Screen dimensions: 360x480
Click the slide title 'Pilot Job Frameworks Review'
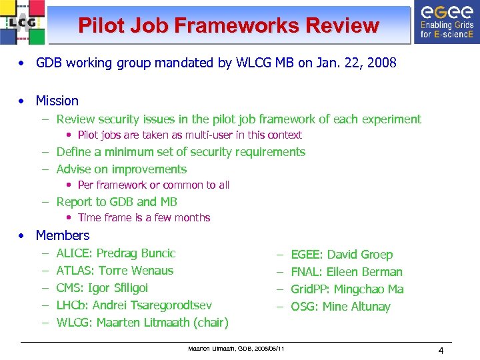228,25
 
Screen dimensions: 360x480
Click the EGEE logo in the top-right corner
446,22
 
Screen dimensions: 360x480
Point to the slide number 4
441,351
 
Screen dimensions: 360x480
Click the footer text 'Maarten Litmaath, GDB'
236,349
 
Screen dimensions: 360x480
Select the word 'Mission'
57,101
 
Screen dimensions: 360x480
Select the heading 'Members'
62,235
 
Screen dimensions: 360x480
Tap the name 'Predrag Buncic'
136,253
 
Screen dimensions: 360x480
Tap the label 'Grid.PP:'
310,289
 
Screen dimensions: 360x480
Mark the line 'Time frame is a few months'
144,218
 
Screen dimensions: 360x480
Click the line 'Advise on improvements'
121,169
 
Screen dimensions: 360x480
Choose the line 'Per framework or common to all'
153,185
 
